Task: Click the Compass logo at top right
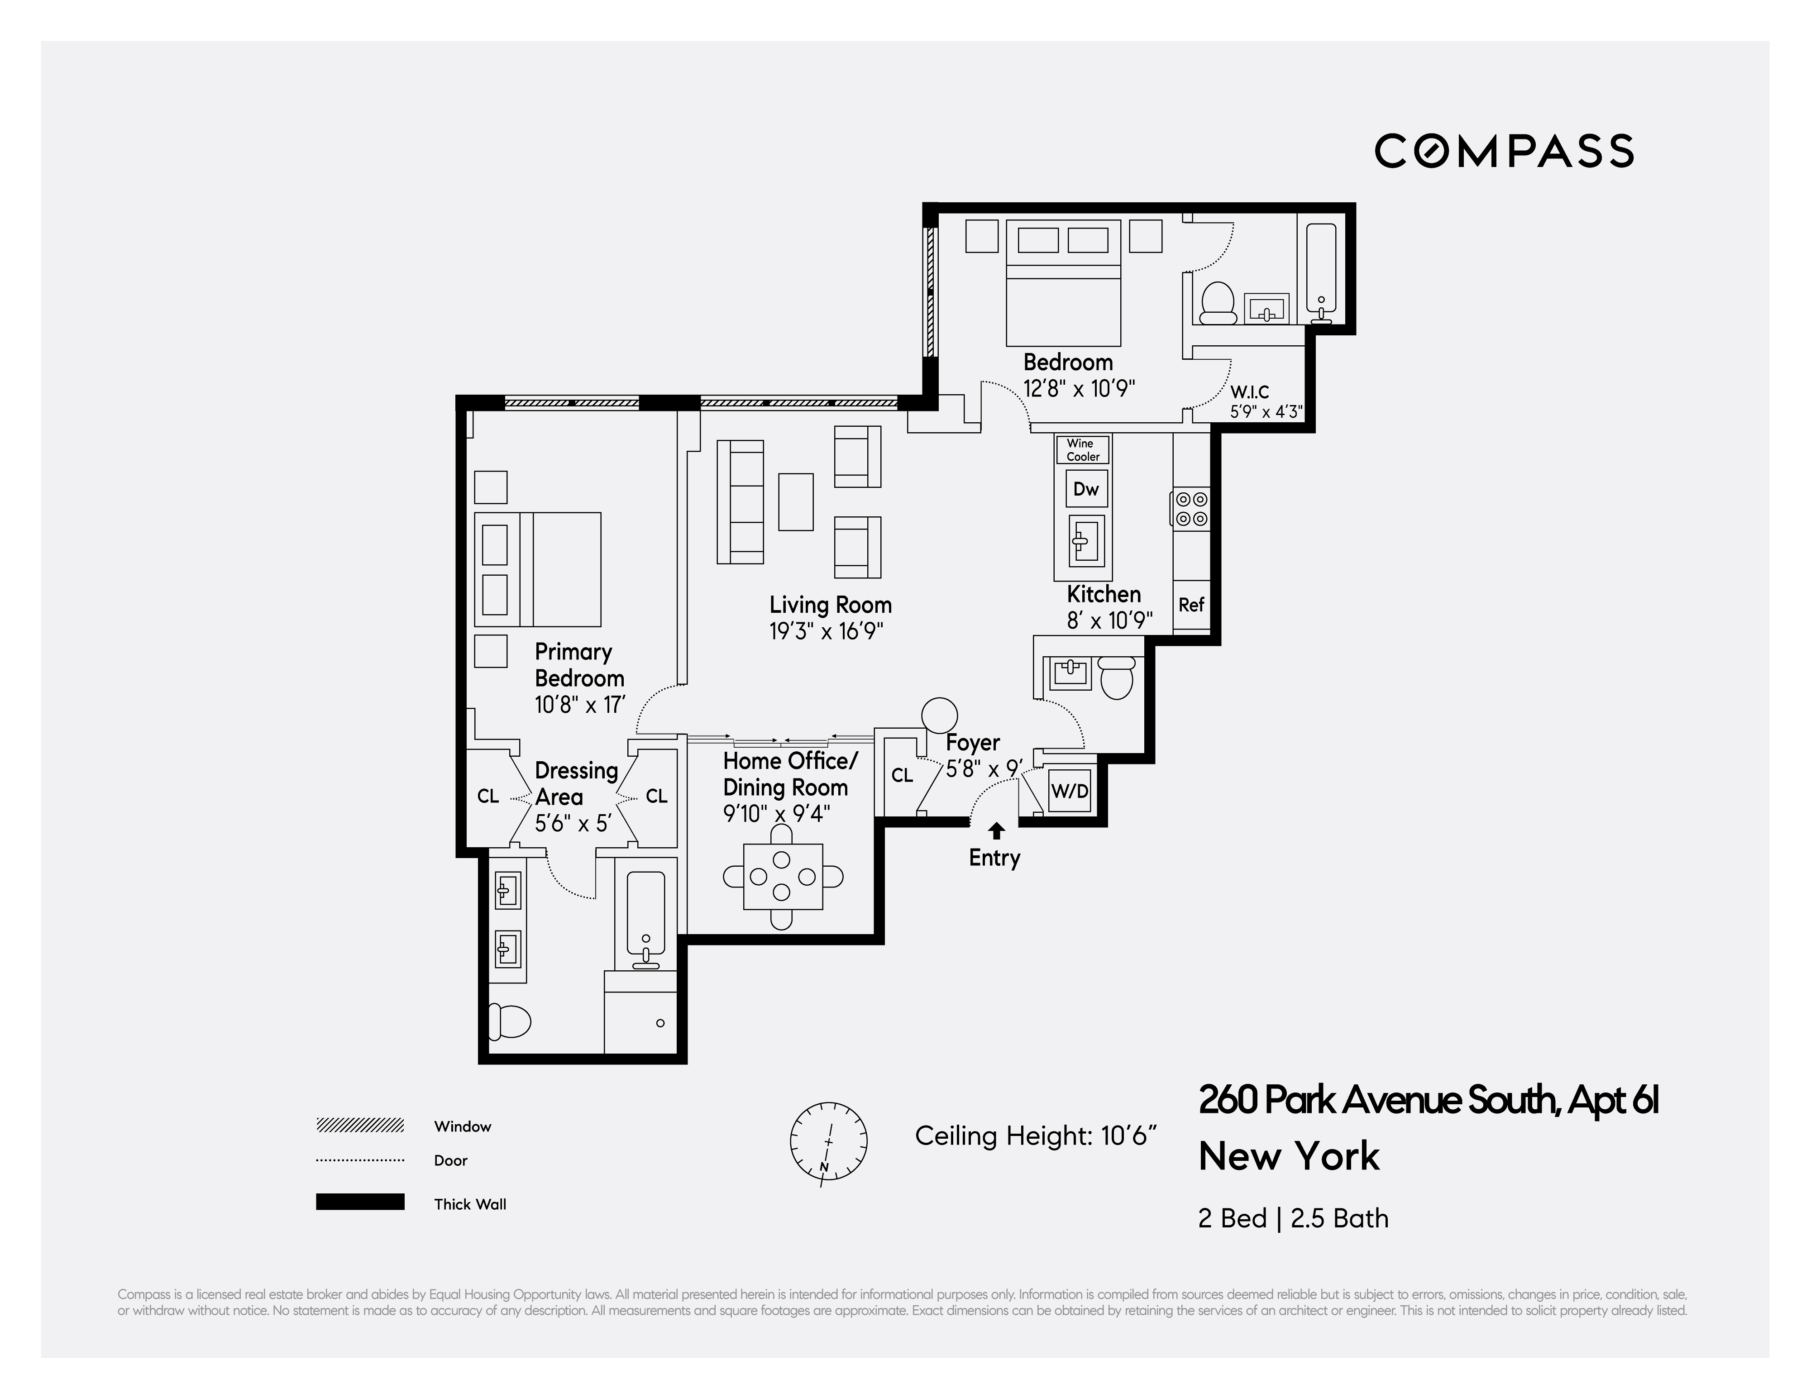coord(1503,151)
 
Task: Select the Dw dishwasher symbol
coord(1085,489)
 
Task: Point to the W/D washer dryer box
coord(1070,791)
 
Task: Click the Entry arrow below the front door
coord(997,831)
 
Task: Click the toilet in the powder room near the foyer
coord(1117,678)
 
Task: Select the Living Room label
coord(830,605)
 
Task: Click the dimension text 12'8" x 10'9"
coord(1078,389)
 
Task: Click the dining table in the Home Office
coord(783,877)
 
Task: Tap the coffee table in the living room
coord(795,501)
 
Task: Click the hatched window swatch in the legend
coord(360,1125)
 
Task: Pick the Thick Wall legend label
coord(469,1204)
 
